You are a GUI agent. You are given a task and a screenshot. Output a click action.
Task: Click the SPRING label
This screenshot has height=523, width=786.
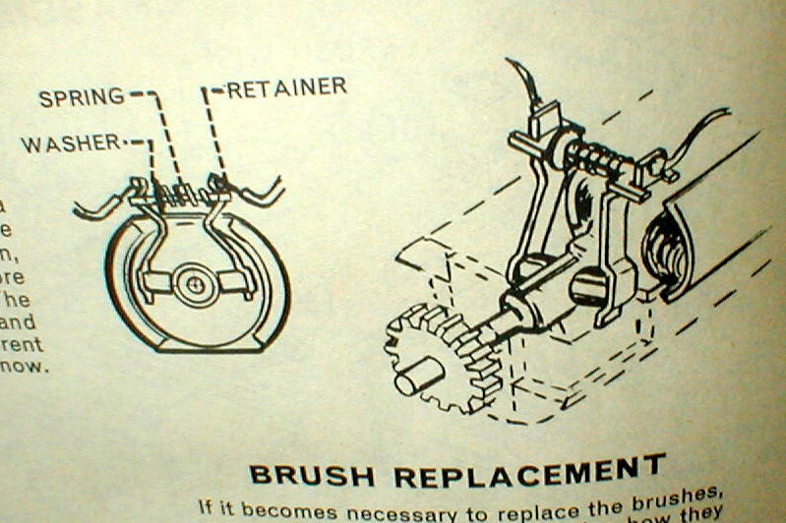(x=82, y=96)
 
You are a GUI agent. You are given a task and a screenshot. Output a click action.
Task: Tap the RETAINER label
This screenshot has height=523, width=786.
(x=286, y=88)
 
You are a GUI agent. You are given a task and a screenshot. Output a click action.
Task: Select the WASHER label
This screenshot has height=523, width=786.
(x=69, y=144)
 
